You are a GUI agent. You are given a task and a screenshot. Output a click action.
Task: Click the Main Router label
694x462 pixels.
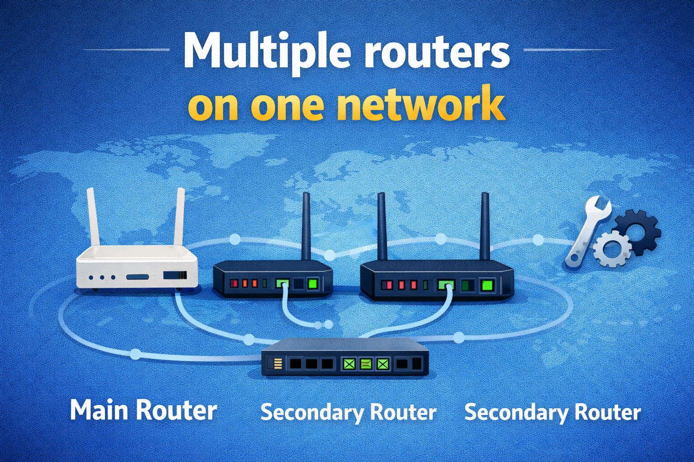pyautogui.click(x=144, y=411)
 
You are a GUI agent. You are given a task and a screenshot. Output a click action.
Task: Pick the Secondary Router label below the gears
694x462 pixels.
pyautogui.click(x=553, y=412)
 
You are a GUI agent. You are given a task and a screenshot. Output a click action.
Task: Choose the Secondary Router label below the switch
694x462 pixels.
pyautogui.click(x=348, y=412)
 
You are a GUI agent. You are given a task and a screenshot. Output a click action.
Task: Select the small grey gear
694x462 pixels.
pyautogui.click(x=612, y=249)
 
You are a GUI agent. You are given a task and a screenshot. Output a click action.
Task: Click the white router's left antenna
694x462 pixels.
pyautogui.click(x=94, y=217)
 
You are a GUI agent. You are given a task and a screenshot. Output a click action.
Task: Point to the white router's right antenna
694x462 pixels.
pyautogui.click(x=179, y=217)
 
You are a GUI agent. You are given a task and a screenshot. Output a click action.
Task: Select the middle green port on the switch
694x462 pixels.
pyautogui.click(x=366, y=364)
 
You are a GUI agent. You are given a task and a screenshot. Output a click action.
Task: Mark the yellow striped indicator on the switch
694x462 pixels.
pyautogui.click(x=278, y=363)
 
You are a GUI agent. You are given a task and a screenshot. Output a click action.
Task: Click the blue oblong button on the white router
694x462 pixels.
pyautogui.click(x=138, y=277)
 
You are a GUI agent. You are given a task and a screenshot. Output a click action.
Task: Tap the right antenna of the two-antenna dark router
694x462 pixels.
pyautogui.click(x=485, y=226)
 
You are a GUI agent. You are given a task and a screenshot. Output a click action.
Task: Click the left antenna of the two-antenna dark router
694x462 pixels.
pyautogui.click(x=382, y=226)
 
